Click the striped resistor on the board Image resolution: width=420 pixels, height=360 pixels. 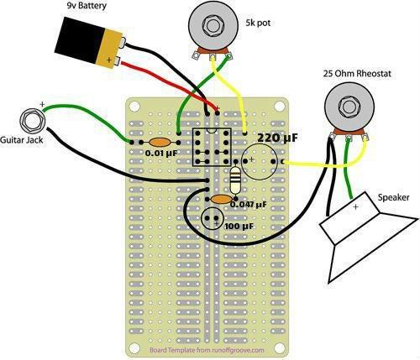pos(237,177)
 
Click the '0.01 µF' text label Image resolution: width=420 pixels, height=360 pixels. pos(161,154)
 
